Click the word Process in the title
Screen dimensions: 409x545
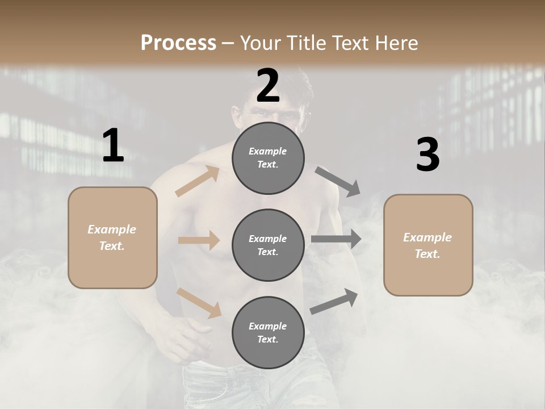tap(178, 43)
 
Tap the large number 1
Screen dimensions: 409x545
tap(113, 146)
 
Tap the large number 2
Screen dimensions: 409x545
tap(268, 86)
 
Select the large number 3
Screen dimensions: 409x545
tap(427, 155)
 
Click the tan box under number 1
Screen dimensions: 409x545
tap(112, 237)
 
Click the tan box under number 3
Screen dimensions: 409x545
tap(428, 245)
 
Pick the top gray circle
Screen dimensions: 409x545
tap(268, 158)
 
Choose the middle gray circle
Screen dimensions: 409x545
tap(268, 245)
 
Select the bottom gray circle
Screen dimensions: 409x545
tap(268, 332)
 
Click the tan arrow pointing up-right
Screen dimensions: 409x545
tap(198, 181)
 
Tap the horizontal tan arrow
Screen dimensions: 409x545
tap(199, 240)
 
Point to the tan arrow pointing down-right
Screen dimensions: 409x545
tap(199, 302)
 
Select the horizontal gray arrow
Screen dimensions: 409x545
tap(336, 239)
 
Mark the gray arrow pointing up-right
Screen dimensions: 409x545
tap(334, 301)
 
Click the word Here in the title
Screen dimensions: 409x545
tap(395, 43)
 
